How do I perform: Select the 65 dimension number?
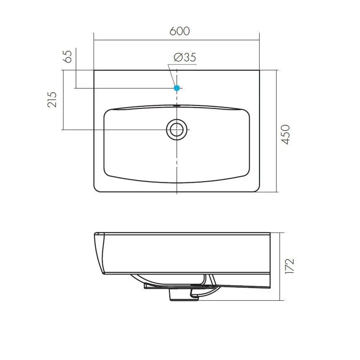tap(68, 57)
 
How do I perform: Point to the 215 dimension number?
tap(53, 99)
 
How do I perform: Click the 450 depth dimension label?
tap(285, 134)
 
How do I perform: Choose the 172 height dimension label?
tap(290, 266)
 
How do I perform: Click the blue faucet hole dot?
tap(177, 87)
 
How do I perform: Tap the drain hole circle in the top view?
tap(176, 129)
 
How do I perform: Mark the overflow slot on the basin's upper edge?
tap(176, 106)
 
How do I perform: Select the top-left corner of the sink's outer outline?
tap(94, 71)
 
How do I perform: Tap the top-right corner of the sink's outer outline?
tap(259, 71)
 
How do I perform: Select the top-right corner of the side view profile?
tap(270, 233)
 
